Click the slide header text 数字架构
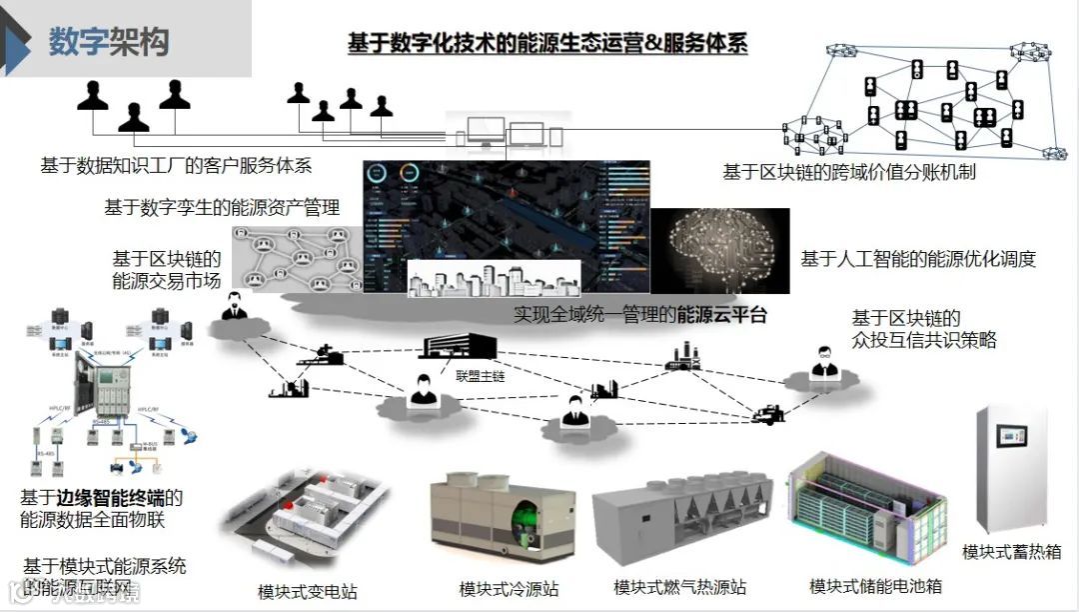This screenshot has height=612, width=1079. pos(109,42)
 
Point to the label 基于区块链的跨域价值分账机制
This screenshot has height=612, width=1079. pos(849,172)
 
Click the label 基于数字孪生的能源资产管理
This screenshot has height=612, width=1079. pos(222,208)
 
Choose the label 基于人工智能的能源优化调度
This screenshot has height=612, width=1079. pos(918,259)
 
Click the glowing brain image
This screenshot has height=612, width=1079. pos(720,250)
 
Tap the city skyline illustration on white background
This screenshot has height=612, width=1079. pos(494,277)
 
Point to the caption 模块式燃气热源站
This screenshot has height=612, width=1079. pos(680,587)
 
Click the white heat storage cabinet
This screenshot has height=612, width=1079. pos(1011,468)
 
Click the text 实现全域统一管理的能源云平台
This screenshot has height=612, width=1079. pos(640,315)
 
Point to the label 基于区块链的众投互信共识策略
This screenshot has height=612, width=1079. pos(923,329)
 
